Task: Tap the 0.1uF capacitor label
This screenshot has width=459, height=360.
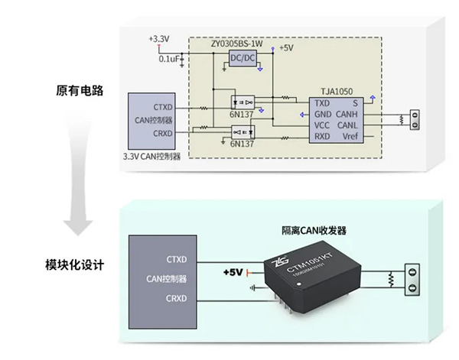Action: point(170,58)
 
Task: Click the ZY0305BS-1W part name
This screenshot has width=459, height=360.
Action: point(236,45)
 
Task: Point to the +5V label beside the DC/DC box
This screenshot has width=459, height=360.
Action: point(286,47)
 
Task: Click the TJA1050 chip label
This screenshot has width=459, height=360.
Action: point(336,90)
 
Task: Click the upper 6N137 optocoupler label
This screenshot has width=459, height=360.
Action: point(240,113)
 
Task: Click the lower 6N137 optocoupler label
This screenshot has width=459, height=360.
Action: point(242,143)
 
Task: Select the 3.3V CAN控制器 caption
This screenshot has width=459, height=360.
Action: point(151,156)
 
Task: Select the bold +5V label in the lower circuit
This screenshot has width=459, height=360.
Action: point(232,272)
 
